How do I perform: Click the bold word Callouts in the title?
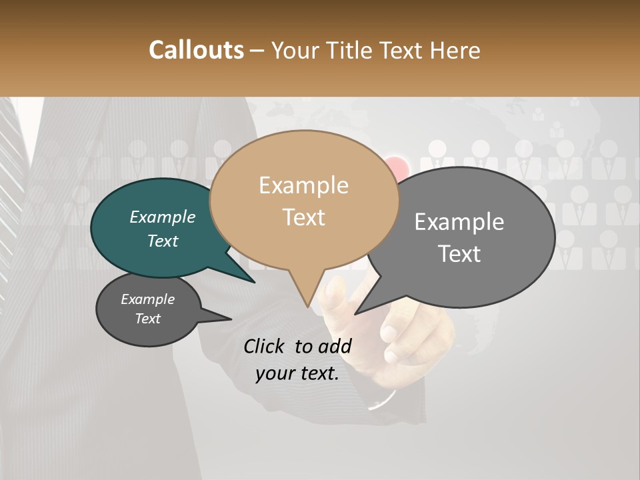point(196,50)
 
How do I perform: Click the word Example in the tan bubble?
point(304,185)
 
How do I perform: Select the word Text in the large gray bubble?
point(460,254)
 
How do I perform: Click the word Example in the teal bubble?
point(163,217)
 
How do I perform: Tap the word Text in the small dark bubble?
point(148,319)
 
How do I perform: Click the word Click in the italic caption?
point(265,346)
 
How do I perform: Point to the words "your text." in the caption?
point(297,373)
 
